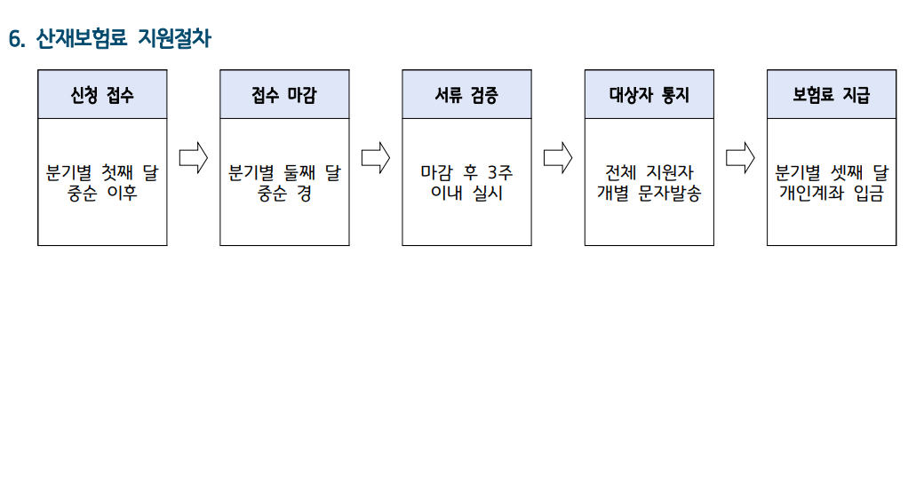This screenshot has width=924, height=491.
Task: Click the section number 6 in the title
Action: coord(14,39)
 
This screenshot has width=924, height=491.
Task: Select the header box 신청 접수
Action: coord(102,94)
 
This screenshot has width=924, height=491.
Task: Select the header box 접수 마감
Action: coord(284,94)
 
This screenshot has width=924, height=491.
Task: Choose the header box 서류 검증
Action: coord(466,94)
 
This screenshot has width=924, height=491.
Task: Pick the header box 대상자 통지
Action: coord(649,94)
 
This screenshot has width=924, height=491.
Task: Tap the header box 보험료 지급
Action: coord(832,94)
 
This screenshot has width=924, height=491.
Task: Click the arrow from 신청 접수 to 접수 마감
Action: coord(193,158)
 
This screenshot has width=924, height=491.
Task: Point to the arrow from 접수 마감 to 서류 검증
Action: coord(376,158)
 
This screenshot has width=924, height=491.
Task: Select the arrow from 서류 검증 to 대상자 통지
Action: coord(558,158)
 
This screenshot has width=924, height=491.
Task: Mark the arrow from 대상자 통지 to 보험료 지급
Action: coord(740,158)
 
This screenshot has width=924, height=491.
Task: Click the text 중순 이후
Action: coord(102,194)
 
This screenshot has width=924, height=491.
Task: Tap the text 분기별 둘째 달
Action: coord(284,172)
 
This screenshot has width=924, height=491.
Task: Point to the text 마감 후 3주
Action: coord(466,172)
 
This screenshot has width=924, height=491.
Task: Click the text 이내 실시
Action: coord(466,194)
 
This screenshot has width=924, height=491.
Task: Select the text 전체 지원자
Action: coord(649,172)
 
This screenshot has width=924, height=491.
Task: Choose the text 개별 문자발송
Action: coord(649,194)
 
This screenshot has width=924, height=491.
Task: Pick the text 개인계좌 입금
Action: coord(832,194)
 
